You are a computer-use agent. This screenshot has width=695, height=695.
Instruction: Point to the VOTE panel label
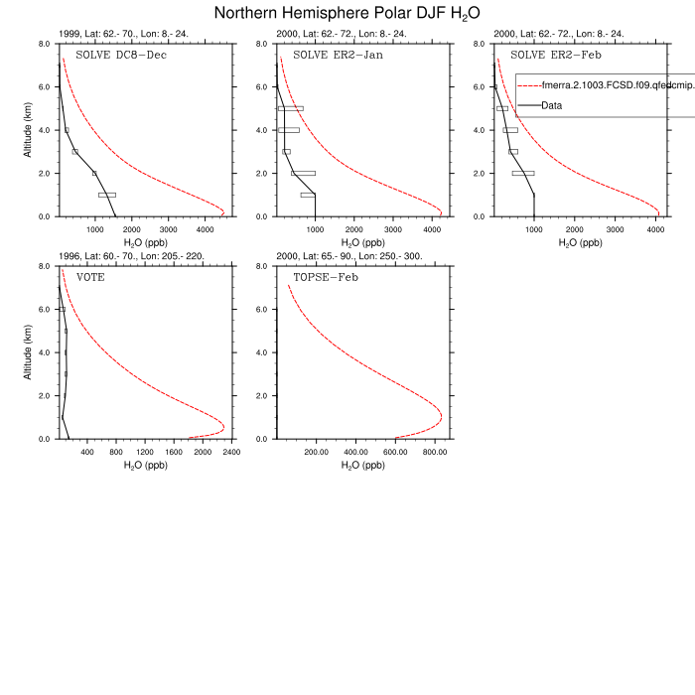[90, 277]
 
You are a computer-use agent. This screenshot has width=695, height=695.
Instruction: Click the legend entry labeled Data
[555, 105]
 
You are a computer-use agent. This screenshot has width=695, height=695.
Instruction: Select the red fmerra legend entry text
[616, 86]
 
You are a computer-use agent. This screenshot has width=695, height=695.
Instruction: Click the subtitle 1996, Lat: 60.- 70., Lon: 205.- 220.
[132, 256]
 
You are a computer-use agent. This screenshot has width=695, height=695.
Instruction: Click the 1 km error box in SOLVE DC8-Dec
[107, 195]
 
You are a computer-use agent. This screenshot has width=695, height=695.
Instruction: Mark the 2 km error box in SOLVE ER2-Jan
[303, 173]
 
